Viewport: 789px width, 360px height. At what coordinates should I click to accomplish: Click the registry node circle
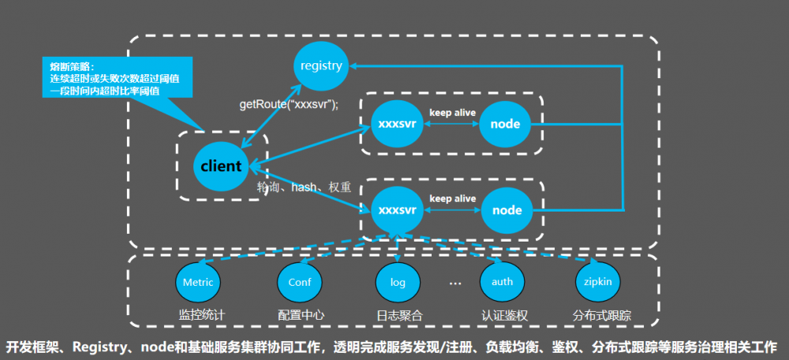click(321, 66)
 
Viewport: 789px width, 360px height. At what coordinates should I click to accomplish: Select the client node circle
click(220, 167)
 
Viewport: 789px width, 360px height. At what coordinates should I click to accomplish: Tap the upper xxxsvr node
click(398, 124)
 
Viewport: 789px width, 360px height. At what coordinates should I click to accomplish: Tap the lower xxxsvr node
click(398, 210)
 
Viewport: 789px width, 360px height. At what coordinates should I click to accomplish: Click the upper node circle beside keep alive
click(506, 124)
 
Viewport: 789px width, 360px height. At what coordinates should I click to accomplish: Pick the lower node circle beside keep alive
click(506, 210)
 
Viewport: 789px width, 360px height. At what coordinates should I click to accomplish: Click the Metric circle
click(198, 282)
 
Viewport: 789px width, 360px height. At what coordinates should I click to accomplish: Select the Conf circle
click(300, 282)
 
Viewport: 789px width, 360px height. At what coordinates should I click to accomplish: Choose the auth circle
click(502, 282)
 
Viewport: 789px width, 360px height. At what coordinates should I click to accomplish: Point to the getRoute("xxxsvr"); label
click(288, 104)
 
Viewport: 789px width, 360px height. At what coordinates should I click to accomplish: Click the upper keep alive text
click(452, 113)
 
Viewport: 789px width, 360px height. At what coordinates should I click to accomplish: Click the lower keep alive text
click(452, 199)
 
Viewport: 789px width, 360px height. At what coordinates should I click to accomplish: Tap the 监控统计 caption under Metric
click(201, 315)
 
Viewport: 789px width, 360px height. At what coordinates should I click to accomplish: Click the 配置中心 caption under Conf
click(301, 315)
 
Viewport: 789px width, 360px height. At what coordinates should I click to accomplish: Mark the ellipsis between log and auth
click(454, 282)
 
